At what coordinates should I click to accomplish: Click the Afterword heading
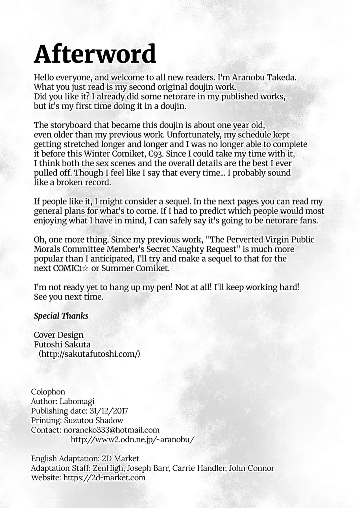95,54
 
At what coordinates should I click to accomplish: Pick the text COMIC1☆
71,268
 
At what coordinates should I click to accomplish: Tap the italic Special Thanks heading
61,316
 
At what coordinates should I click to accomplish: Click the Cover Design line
59,335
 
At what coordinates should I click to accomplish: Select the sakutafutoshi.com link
89,354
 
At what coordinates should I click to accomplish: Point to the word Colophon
48,392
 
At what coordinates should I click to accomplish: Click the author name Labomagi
77,401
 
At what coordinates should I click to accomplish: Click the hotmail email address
111,430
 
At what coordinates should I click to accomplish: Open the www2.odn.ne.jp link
132,440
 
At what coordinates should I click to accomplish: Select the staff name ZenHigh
108,468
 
